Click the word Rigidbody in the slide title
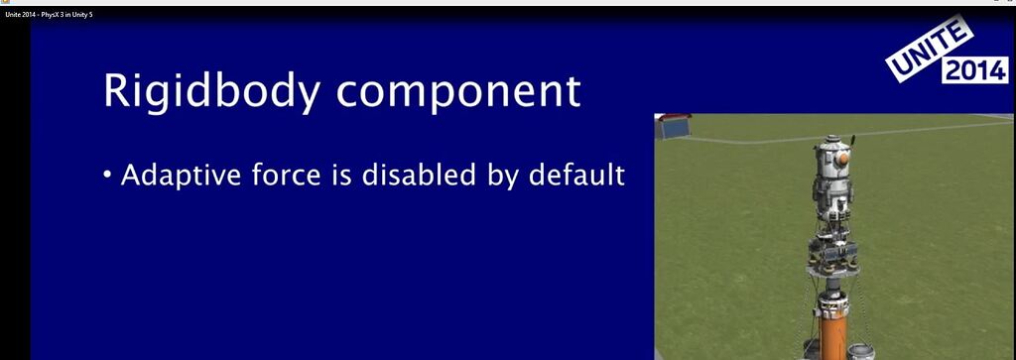tap(207, 91)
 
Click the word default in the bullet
tap(575, 176)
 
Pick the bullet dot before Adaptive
tap(107, 178)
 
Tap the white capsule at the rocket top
tap(831, 164)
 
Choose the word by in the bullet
tap(500, 178)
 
